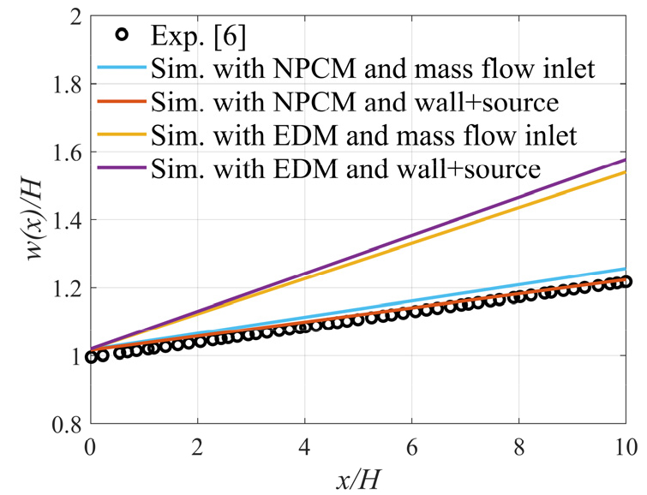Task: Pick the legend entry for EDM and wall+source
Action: [x=343, y=169]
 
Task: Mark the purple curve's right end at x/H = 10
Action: [x=626, y=160]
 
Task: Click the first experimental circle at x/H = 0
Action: [x=92, y=357]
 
